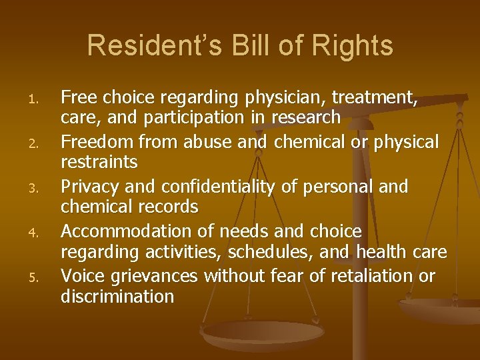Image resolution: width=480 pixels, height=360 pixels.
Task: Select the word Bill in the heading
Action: (251, 46)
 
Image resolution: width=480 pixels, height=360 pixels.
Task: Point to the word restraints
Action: (99, 162)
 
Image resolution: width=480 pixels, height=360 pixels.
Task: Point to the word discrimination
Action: (117, 296)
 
